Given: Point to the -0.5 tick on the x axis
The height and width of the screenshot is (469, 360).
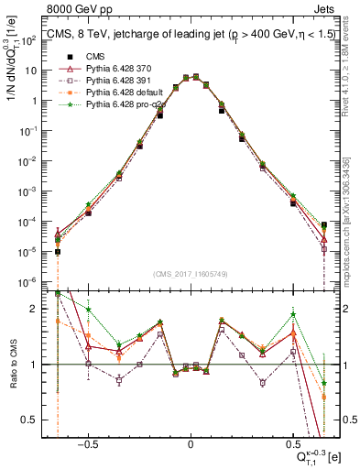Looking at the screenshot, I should click(x=87, y=442).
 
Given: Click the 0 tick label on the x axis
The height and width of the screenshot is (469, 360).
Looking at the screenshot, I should click(x=190, y=442).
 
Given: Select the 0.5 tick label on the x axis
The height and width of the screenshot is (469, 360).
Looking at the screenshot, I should click(x=292, y=442).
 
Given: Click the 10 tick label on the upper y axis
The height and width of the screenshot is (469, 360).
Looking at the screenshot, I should click(x=37, y=71).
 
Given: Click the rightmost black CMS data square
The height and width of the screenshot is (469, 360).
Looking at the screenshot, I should click(x=324, y=224).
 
